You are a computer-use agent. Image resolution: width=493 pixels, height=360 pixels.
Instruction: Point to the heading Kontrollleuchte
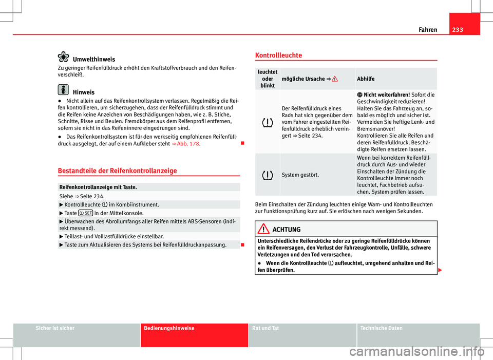[278, 55]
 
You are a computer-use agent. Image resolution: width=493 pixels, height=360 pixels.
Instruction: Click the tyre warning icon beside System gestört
[267, 175]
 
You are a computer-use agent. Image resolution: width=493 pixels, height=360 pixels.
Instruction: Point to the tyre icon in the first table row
[267, 122]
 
